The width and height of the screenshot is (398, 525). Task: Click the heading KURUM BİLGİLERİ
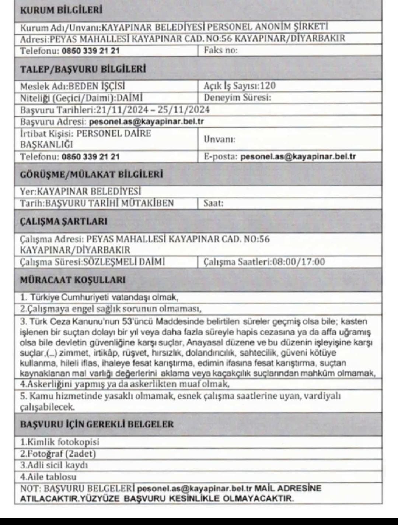click(x=61, y=10)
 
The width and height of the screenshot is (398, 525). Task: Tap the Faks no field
click(x=221, y=50)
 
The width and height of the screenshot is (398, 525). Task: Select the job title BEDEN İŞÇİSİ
click(x=97, y=86)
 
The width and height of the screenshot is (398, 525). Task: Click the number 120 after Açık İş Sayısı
click(x=268, y=86)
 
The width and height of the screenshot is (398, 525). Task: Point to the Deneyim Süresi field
click(x=237, y=98)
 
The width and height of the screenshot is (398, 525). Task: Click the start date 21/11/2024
click(x=121, y=110)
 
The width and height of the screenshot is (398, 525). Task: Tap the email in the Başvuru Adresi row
click(x=146, y=121)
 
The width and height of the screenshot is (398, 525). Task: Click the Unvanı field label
click(x=219, y=139)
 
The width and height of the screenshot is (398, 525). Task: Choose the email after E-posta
click(x=298, y=156)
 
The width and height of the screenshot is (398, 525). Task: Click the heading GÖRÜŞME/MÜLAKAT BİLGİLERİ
click(x=91, y=174)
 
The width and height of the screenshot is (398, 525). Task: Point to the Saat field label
click(x=213, y=203)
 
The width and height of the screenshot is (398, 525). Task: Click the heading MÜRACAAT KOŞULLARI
click(x=73, y=280)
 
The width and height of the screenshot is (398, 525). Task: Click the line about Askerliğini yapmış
click(x=125, y=384)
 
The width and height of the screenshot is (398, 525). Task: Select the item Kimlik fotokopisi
click(x=59, y=442)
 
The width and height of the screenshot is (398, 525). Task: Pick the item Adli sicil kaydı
click(x=54, y=465)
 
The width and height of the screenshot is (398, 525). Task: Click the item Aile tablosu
click(x=48, y=477)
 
